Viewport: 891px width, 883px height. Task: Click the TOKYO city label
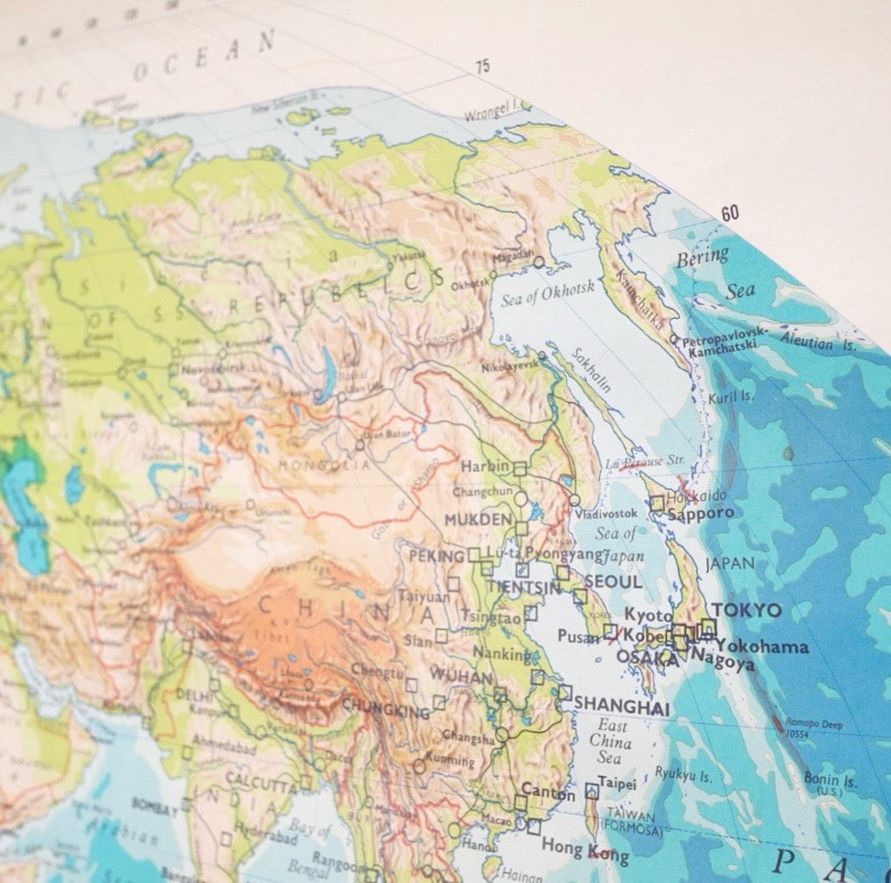click(746, 611)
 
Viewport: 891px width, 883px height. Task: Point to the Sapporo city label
click(701, 514)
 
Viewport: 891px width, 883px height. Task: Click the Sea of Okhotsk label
click(548, 293)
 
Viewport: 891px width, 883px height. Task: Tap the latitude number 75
click(482, 66)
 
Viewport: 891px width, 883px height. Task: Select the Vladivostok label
click(607, 514)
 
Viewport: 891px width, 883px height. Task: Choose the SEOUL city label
click(613, 581)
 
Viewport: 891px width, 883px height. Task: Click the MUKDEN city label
click(478, 520)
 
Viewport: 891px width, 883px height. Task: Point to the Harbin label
click(484, 466)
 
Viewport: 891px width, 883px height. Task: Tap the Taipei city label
click(616, 782)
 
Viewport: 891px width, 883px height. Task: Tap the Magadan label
click(512, 257)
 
